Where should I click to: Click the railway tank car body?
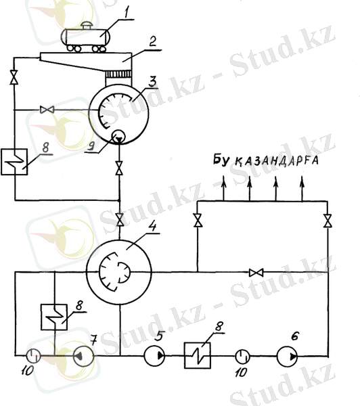85,37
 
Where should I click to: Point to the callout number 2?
153,41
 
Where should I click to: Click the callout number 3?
152,81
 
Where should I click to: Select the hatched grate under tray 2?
118,74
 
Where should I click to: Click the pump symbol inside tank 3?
118,136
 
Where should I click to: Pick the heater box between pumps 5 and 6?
198,355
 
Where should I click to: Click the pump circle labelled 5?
154,356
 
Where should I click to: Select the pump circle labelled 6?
287,357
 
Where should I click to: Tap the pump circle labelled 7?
84,357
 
